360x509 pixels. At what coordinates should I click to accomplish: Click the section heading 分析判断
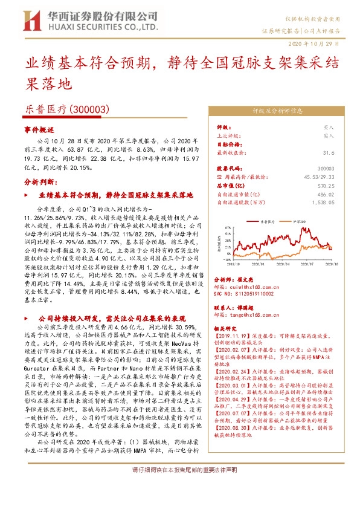[x=40, y=182]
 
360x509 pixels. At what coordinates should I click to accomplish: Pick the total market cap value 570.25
[x=325, y=187]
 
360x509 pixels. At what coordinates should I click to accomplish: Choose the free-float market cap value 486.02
[x=325, y=195]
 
